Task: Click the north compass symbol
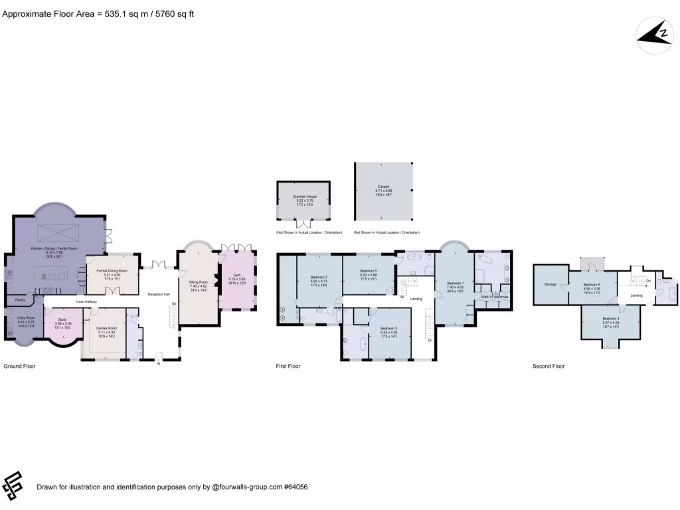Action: point(654,36)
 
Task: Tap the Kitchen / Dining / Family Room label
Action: point(45,248)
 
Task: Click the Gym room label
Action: point(237,274)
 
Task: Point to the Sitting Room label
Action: point(199,282)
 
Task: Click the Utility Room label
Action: point(25,317)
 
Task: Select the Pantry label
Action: point(20,300)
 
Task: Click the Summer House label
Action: point(303,197)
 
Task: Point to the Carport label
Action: point(383,187)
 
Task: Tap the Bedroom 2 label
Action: point(320,277)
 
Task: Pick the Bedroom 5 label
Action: point(369,271)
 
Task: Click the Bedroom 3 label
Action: point(389,329)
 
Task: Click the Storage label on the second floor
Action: point(550,284)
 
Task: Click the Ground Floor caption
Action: point(19,366)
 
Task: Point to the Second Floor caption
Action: point(549,366)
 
